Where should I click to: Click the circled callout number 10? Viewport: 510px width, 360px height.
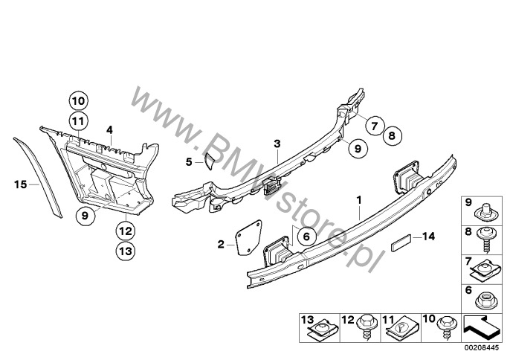[x=78, y=101]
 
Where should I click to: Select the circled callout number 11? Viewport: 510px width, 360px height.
[x=78, y=121]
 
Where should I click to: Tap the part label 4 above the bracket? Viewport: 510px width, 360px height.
[x=109, y=130]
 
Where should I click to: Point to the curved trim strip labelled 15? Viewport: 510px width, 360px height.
[x=39, y=177]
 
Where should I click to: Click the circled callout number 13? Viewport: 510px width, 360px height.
[x=126, y=251]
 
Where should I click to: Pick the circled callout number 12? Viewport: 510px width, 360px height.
[x=126, y=231]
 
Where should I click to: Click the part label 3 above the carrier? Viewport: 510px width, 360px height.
[x=277, y=144]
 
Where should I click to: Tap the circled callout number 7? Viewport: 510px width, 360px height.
[x=375, y=125]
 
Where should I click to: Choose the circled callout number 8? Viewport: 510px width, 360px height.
[x=392, y=135]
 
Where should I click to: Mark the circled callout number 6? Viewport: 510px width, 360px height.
[x=306, y=236]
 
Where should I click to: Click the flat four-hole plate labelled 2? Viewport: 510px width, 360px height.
[x=248, y=238]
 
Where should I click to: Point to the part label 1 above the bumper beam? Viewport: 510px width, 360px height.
[x=359, y=200]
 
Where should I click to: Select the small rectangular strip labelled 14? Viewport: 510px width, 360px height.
[x=401, y=243]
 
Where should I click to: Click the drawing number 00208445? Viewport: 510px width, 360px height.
[x=482, y=348]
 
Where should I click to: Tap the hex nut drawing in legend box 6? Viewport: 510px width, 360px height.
[x=485, y=302]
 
